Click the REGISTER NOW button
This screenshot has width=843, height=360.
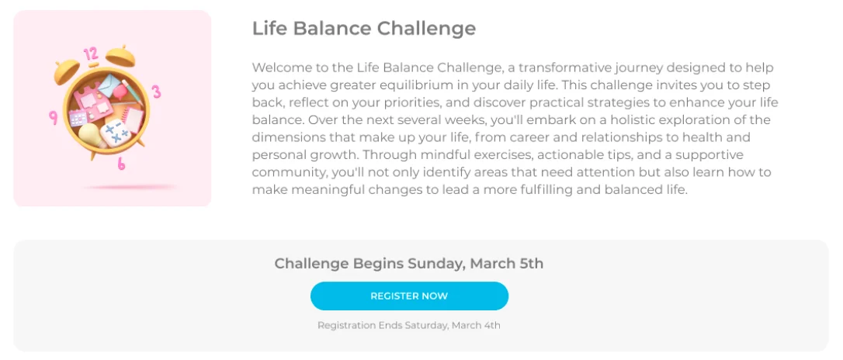(409, 296)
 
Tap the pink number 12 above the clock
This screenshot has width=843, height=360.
(91, 54)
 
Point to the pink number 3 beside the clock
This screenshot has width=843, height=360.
(156, 92)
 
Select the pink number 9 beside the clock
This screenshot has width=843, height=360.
(54, 118)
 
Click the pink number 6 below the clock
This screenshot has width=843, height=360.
(122, 164)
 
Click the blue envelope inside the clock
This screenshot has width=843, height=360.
(110, 85)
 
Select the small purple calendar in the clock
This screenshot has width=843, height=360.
(78, 118)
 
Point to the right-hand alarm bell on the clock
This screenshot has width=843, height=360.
(122, 55)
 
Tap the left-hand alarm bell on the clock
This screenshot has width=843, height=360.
(67, 73)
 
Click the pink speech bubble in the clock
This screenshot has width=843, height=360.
(121, 90)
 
